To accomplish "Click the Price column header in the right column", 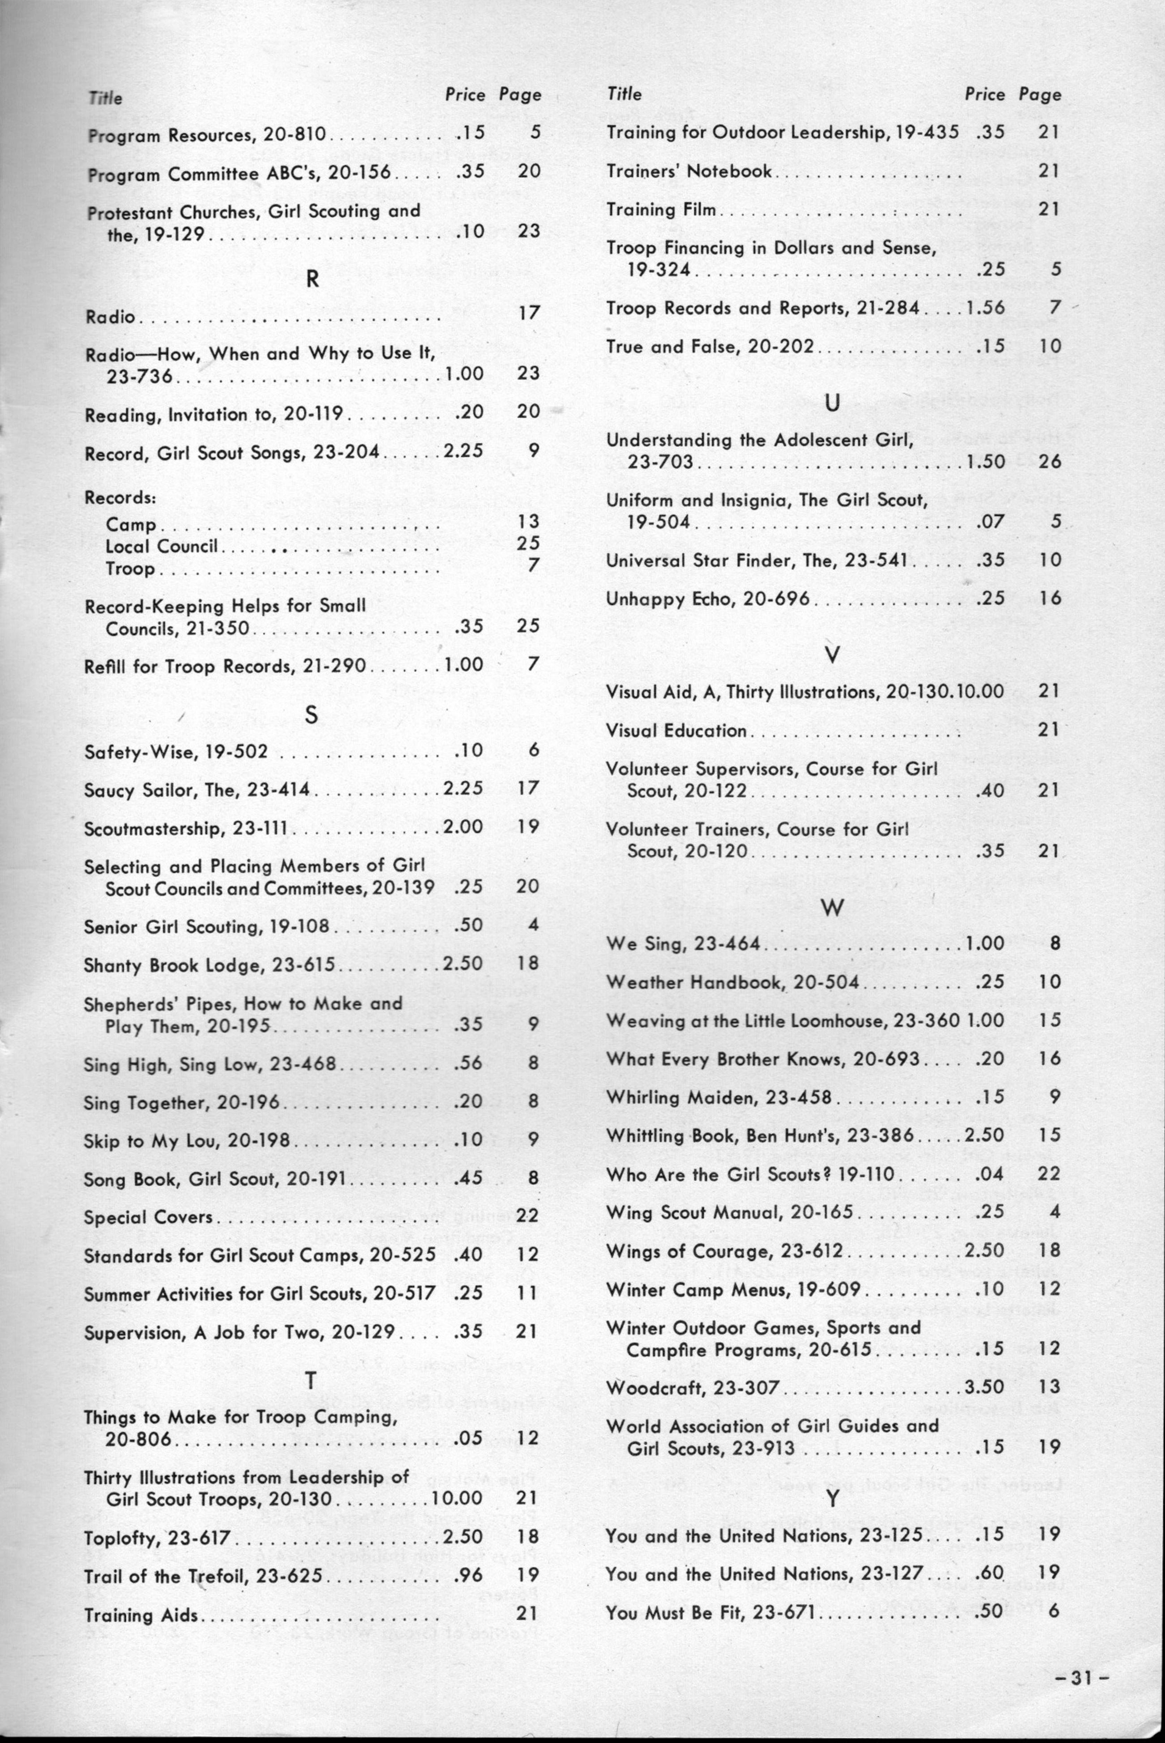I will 984,94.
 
